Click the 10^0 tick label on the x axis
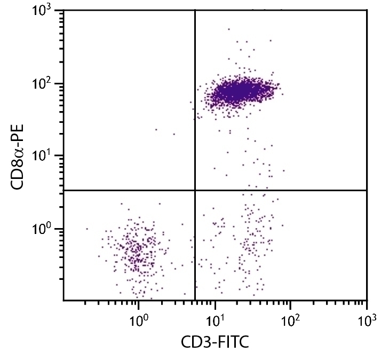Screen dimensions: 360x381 (139, 322)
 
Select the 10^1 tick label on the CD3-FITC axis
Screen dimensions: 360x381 (215, 322)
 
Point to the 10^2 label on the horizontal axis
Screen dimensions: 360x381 (291, 322)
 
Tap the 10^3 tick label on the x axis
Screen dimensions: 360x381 (367, 322)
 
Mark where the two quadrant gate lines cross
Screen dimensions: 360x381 (195, 190)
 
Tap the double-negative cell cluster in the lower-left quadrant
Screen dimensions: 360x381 (138, 251)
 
